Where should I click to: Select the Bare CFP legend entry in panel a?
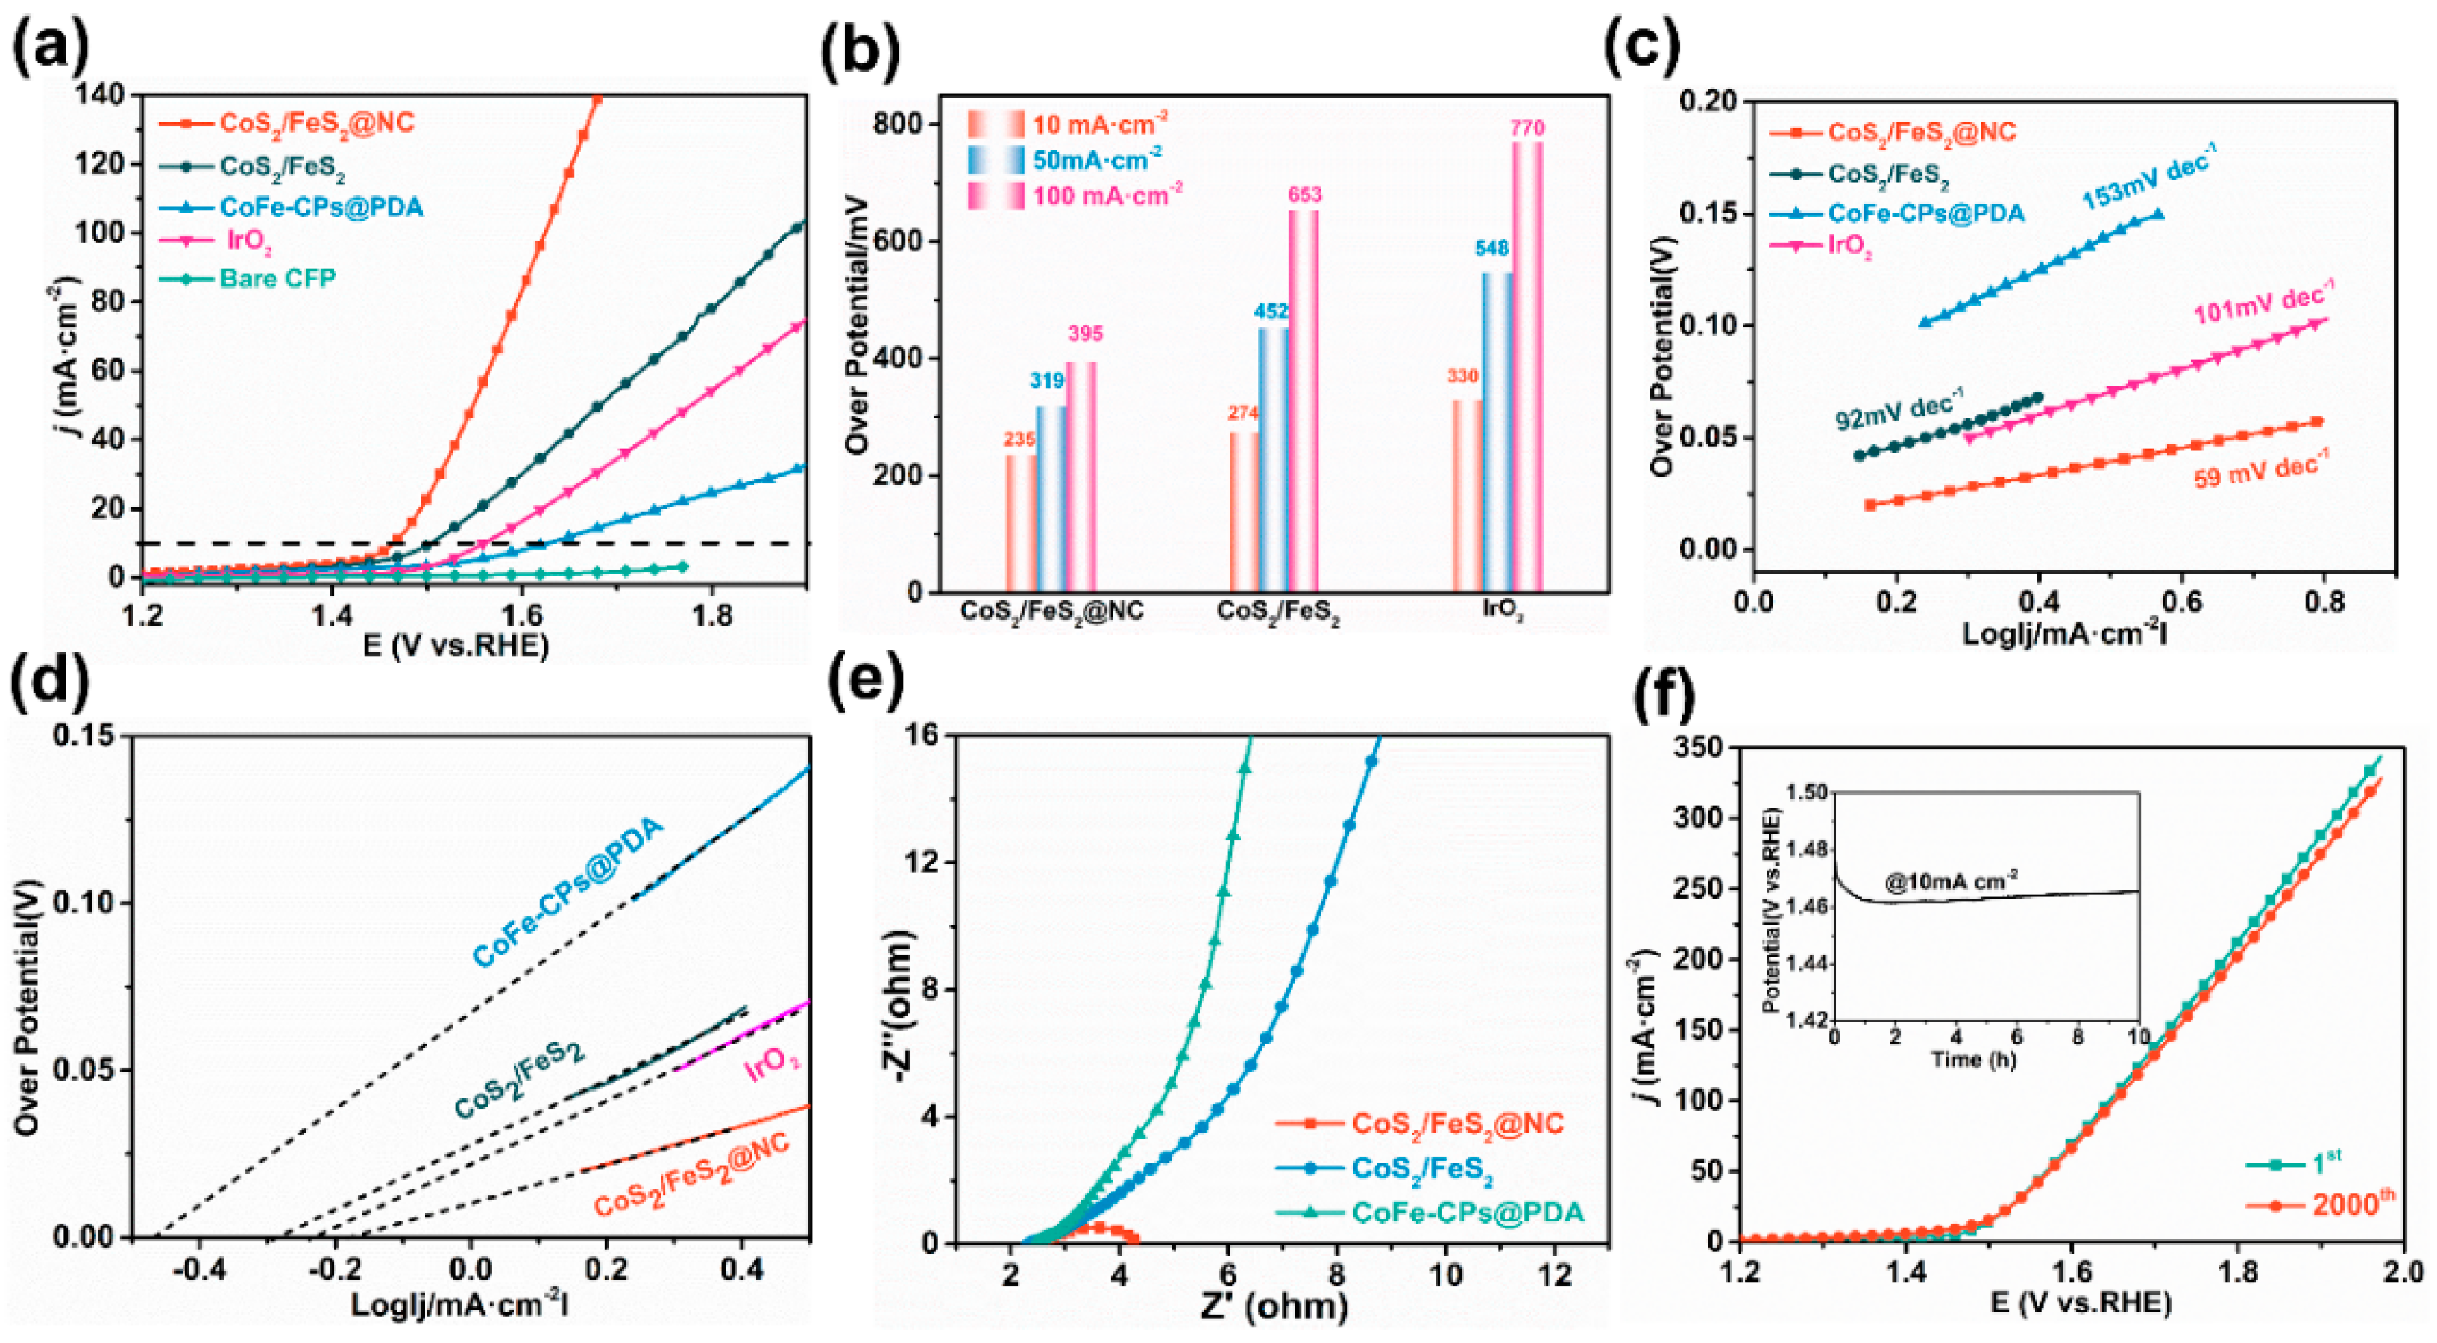pyautogui.click(x=277, y=278)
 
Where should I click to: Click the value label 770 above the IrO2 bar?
pyautogui.click(x=1528, y=127)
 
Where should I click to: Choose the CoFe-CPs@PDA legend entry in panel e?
pyautogui.click(x=1466, y=1213)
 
